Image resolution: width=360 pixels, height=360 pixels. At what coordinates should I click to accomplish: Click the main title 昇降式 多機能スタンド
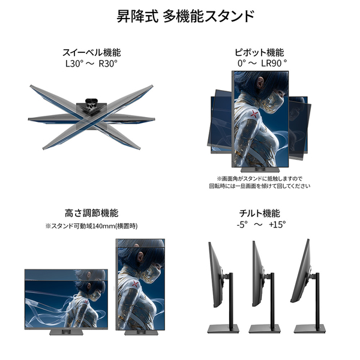(185, 16)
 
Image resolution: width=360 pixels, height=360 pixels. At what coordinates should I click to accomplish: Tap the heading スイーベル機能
(92, 53)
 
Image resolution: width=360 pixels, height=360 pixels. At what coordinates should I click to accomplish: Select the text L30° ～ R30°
(91, 64)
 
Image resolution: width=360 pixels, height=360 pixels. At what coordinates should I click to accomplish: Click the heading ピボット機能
(259, 53)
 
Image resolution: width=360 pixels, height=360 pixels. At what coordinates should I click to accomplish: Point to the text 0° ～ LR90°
(262, 63)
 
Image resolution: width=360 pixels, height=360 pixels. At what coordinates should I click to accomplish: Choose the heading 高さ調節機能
(91, 213)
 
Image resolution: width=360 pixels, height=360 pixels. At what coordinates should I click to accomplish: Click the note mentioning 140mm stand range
(91, 226)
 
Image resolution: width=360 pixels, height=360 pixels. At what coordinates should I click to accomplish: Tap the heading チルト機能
(259, 213)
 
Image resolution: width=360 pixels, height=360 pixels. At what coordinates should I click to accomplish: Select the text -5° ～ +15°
(261, 224)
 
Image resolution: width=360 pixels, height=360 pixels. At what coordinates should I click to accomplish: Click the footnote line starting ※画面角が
(259, 178)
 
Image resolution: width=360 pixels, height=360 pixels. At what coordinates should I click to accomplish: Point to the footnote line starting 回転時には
(259, 186)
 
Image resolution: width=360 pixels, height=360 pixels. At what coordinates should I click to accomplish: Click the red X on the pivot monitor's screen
(254, 114)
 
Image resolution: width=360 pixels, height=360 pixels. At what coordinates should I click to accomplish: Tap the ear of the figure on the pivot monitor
(260, 81)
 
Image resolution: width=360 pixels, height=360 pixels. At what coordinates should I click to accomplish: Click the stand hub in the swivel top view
(91, 105)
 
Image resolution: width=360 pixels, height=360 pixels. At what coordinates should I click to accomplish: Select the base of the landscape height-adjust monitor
(66, 332)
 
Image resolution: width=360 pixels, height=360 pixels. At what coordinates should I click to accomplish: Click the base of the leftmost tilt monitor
(223, 329)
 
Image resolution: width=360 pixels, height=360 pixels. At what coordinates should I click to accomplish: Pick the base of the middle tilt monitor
(265, 329)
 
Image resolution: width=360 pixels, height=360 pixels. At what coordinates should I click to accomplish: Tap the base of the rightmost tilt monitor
(310, 329)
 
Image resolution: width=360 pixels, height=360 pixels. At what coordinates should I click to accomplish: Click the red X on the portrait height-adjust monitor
(135, 284)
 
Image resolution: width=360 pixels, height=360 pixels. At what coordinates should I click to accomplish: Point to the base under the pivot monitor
(260, 170)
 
